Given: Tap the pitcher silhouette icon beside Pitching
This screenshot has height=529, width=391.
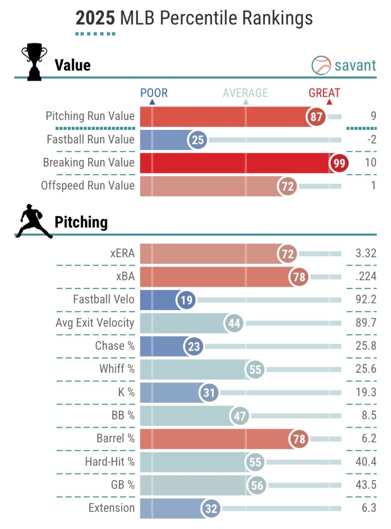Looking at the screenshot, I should [x=34, y=221].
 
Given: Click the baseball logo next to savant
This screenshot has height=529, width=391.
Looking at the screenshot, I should [x=321, y=65].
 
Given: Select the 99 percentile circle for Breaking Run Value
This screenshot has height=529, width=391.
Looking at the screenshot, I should [x=339, y=163].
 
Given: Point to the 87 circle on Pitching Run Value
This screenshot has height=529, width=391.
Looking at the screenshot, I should [x=316, y=116].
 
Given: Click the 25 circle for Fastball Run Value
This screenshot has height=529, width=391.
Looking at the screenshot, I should [x=197, y=140].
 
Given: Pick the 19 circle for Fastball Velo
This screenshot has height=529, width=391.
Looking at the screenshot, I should [x=185, y=300].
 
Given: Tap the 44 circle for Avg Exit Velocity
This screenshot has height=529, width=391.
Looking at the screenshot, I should [x=234, y=323].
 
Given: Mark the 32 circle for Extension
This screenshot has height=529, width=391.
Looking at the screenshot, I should [x=211, y=508].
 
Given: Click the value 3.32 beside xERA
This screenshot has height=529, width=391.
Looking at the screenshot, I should [x=366, y=253].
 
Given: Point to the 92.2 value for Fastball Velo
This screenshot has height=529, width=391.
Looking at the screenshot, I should [x=366, y=300].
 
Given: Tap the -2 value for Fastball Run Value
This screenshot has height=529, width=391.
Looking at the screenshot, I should [x=370, y=140].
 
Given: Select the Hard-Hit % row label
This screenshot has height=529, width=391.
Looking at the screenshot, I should [x=110, y=462].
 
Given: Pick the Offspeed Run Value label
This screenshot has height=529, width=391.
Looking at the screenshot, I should [x=88, y=185].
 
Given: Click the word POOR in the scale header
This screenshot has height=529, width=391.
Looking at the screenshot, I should [x=154, y=93].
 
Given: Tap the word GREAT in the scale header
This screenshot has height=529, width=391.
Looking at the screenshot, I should [x=324, y=93].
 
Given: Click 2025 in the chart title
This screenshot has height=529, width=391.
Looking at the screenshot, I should [x=95, y=18].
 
